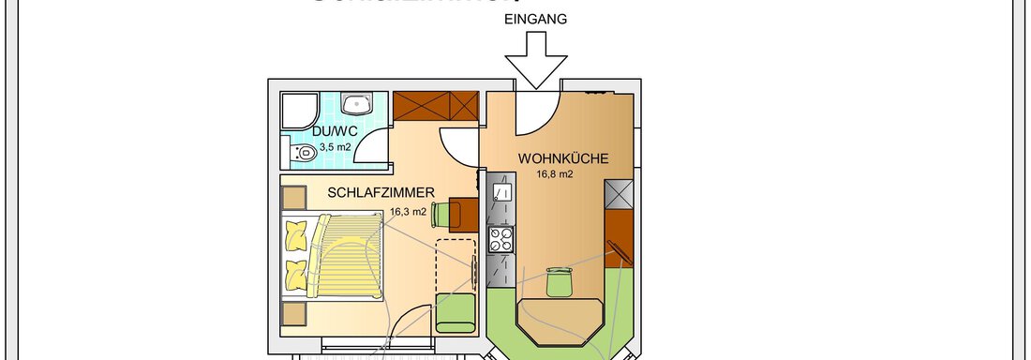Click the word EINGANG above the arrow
pyautogui.click(x=535, y=19)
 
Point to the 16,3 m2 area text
pyautogui.click(x=408, y=212)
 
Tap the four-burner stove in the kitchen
pyautogui.click(x=501, y=240)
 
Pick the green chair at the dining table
pyautogui.click(x=559, y=280)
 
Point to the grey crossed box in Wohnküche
pyautogui.click(x=620, y=193)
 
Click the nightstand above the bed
pyautogui.click(x=292, y=198)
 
